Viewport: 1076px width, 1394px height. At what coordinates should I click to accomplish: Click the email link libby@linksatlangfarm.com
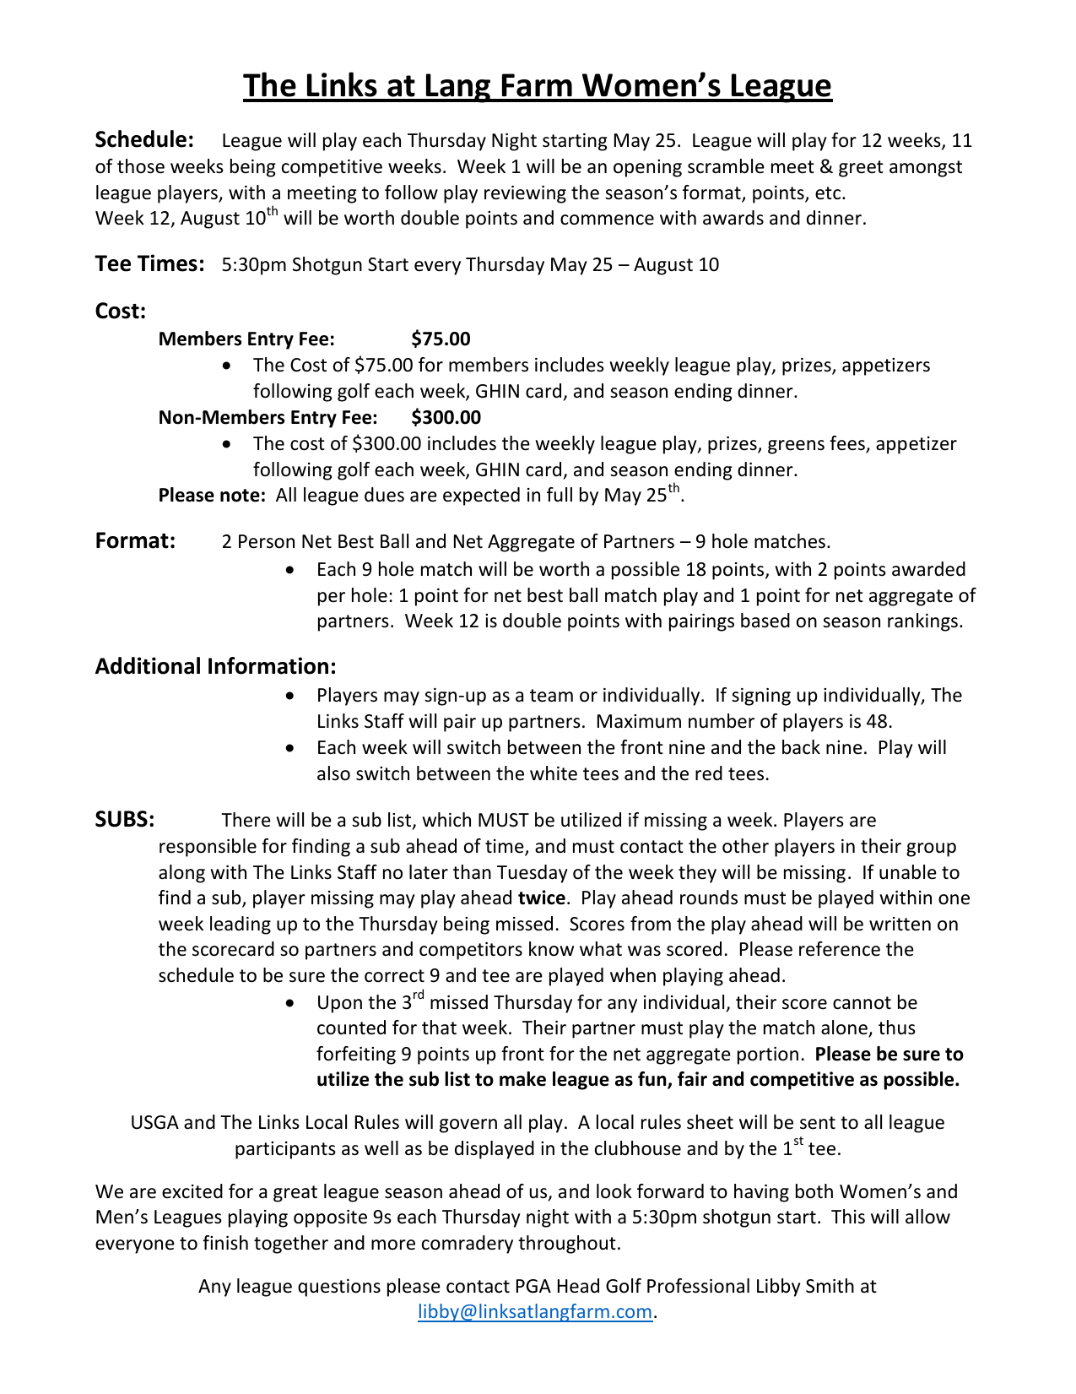(535, 1312)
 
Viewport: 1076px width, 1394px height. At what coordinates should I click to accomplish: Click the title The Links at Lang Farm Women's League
(538, 86)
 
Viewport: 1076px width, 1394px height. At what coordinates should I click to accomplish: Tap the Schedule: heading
(144, 139)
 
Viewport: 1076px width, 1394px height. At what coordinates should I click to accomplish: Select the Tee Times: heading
(149, 264)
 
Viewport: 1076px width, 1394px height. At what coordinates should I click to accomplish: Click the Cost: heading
(120, 312)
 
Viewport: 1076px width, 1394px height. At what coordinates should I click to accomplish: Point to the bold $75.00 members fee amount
(441, 339)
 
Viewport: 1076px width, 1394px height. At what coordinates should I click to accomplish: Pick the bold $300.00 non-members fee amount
(446, 417)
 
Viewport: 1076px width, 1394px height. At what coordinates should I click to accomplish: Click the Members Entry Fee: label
(246, 339)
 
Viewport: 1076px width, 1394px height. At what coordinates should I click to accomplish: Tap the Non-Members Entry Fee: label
(268, 417)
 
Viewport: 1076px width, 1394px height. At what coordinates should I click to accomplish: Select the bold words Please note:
(212, 496)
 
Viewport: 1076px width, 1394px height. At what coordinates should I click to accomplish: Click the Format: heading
(135, 540)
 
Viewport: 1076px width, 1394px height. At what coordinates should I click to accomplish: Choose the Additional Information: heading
(215, 666)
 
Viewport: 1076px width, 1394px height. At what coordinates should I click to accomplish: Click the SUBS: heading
(124, 820)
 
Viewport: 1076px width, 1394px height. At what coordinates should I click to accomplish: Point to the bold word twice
(541, 898)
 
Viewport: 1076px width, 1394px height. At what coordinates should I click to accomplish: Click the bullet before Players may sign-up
(290, 696)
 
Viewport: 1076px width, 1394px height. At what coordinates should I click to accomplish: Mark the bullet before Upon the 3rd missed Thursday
(290, 1003)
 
